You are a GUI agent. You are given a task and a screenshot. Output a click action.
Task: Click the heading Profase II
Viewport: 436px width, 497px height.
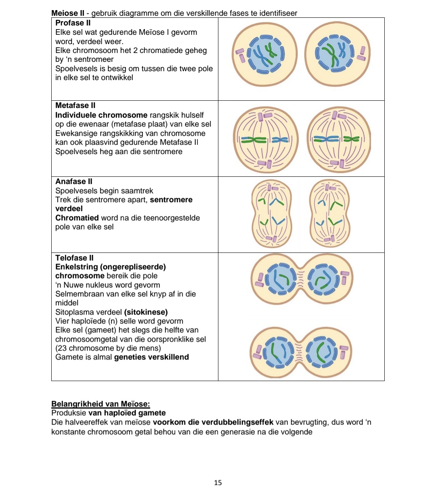point(73,23)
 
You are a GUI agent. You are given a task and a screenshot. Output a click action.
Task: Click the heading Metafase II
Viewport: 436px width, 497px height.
point(75,106)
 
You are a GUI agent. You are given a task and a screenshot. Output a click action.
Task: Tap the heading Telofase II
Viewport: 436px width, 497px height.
point(74,258)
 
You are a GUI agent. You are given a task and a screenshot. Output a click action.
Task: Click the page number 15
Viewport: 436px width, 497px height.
point(218,482)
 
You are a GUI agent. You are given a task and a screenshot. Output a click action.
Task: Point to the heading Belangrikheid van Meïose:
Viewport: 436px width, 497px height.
point(101,404)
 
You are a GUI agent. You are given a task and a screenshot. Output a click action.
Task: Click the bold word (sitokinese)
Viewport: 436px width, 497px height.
point(146,312)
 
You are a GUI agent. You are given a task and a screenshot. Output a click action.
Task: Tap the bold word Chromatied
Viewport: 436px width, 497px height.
point(77,218)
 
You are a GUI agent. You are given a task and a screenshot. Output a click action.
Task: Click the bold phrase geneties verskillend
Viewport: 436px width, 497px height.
point(151,357)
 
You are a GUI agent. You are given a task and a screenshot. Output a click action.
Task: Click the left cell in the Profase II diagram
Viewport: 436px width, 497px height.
point(265,54)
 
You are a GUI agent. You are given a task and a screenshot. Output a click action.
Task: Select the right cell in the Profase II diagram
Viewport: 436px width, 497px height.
point(337,54)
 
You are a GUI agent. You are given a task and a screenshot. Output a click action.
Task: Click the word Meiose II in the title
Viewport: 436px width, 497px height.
point(67,13)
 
